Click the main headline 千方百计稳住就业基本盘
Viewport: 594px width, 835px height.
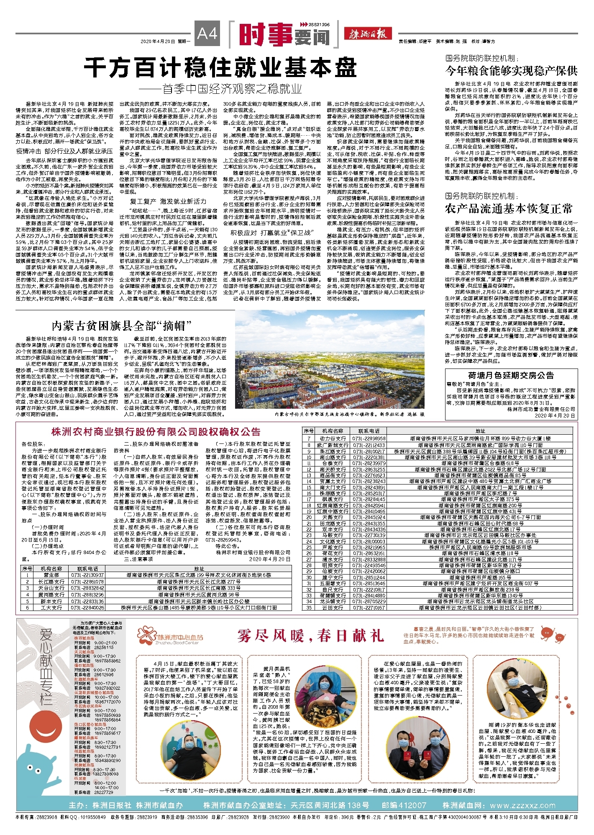[220, 67]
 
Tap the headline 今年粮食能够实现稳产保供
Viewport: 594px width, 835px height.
[511, 70]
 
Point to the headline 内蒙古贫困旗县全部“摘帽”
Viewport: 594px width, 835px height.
[121, 325]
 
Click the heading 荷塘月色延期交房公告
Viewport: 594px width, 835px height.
[511, 375]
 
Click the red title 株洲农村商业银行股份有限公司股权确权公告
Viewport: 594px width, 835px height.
[156, 432]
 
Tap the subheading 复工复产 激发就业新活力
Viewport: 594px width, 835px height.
[168, 201]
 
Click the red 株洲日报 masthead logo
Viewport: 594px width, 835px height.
[368, 34]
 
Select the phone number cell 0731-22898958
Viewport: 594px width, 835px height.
[369, 438]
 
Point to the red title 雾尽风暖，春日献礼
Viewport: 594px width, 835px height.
[310, 636]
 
